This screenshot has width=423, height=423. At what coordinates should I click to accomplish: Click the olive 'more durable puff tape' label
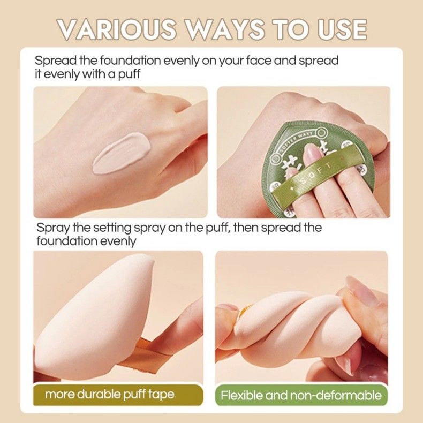[118, 395]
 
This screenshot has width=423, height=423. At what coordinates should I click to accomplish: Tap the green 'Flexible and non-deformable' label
[301, 395]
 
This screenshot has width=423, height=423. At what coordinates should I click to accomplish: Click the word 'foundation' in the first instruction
[130, 61]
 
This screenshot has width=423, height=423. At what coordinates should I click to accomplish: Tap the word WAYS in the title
[225, 29]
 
